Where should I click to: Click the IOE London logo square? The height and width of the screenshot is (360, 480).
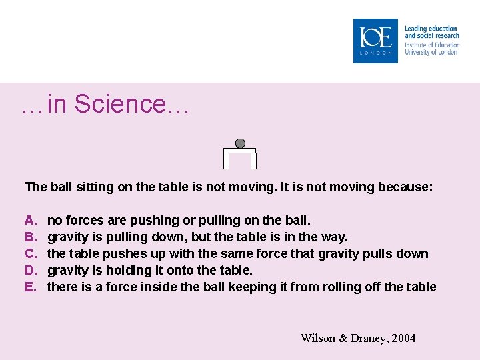[375, 41]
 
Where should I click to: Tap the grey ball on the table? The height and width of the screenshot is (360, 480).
[240, 143]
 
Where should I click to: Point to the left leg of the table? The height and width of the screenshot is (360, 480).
[227, 161]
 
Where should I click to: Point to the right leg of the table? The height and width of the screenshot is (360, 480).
[253, 161]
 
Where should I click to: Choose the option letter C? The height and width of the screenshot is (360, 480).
[30, 254]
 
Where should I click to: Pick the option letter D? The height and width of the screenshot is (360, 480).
[30, 271]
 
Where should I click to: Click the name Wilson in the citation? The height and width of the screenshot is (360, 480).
[318, 339]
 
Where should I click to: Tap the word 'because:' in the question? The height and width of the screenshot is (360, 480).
[405, 187]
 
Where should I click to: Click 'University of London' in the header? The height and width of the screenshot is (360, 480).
[431, 52]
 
